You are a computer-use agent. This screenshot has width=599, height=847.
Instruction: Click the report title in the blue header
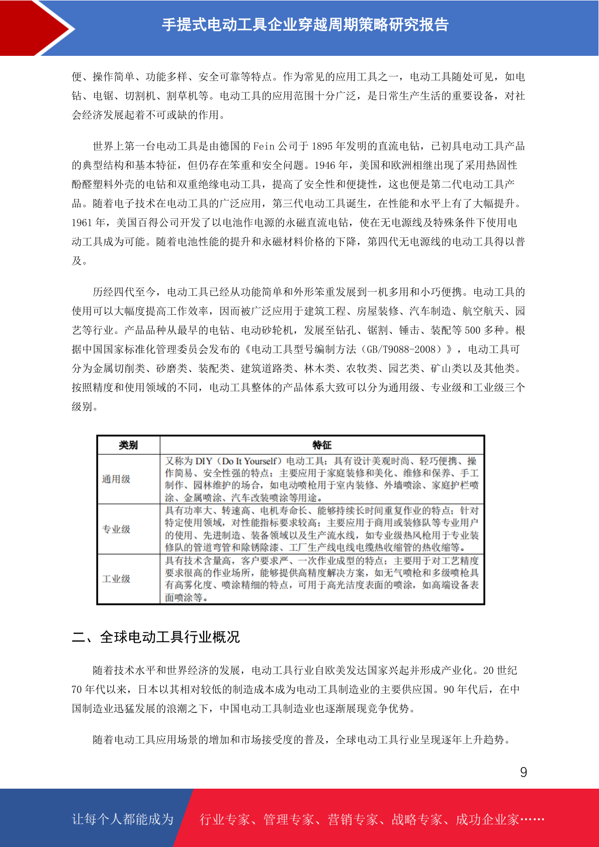(305, 25)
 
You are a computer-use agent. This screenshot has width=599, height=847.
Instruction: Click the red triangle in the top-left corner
(30, 28)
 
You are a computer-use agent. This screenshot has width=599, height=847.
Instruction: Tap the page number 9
(524, 772)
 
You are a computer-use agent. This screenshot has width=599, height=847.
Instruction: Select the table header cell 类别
(128, 445)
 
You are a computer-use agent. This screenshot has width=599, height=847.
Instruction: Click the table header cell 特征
(322, 445)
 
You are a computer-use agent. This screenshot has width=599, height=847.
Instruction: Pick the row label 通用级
(116, 479)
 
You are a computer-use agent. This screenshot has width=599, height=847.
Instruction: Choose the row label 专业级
(116, 529)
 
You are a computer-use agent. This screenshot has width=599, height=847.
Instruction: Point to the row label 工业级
(116, 579)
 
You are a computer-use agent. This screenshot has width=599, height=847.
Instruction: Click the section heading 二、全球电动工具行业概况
(156, 637)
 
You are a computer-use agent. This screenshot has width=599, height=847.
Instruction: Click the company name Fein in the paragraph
(264, 146)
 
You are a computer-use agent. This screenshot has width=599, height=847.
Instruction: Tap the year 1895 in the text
(322, 146)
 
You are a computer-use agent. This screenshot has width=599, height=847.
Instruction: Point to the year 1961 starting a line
(82, 223)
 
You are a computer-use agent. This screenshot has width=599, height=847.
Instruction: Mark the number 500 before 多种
(473, 330)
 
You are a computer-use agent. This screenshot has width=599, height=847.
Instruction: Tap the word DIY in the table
(204, 461)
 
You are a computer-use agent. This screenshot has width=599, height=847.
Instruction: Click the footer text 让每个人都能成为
(123, 819)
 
